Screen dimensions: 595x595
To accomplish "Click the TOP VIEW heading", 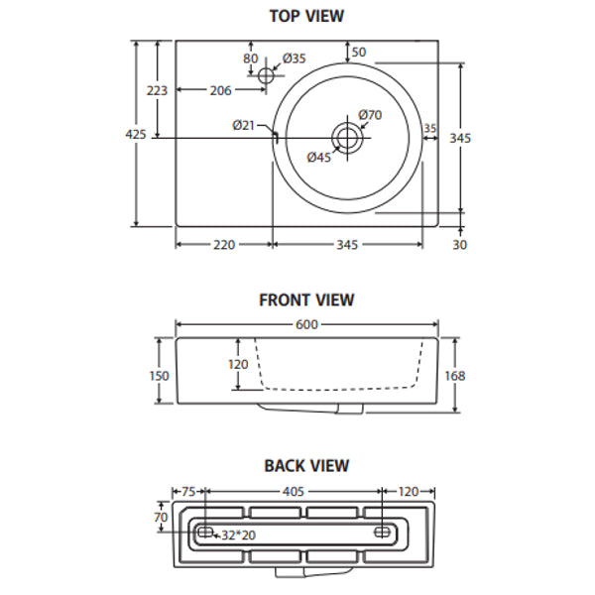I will click(306, 16).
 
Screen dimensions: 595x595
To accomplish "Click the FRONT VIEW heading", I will click(306, 299).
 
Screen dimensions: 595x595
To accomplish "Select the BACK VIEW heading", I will click(306, 465).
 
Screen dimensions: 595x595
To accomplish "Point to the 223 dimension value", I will click(157, 90).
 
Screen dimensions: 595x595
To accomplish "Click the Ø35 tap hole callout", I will click(295, 59).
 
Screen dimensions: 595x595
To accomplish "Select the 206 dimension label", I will click(220, 91).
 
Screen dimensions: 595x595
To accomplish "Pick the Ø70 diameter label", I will click(370, 115).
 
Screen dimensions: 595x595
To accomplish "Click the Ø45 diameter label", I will click(318, 157).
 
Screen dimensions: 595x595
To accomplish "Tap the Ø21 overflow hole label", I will click(244, 125).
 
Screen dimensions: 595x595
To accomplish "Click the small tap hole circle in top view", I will click(265, 75).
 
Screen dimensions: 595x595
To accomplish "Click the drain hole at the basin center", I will click(348, 137).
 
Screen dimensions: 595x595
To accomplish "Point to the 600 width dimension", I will click(306, 323).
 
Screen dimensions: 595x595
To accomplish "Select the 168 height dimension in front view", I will click(456, 376).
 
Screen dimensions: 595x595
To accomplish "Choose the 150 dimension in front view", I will click(160, 376).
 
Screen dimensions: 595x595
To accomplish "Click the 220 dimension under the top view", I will click(223, 245).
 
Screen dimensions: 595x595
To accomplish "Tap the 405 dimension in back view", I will click(295, 491).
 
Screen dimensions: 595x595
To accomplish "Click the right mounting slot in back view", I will click(382, 533).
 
